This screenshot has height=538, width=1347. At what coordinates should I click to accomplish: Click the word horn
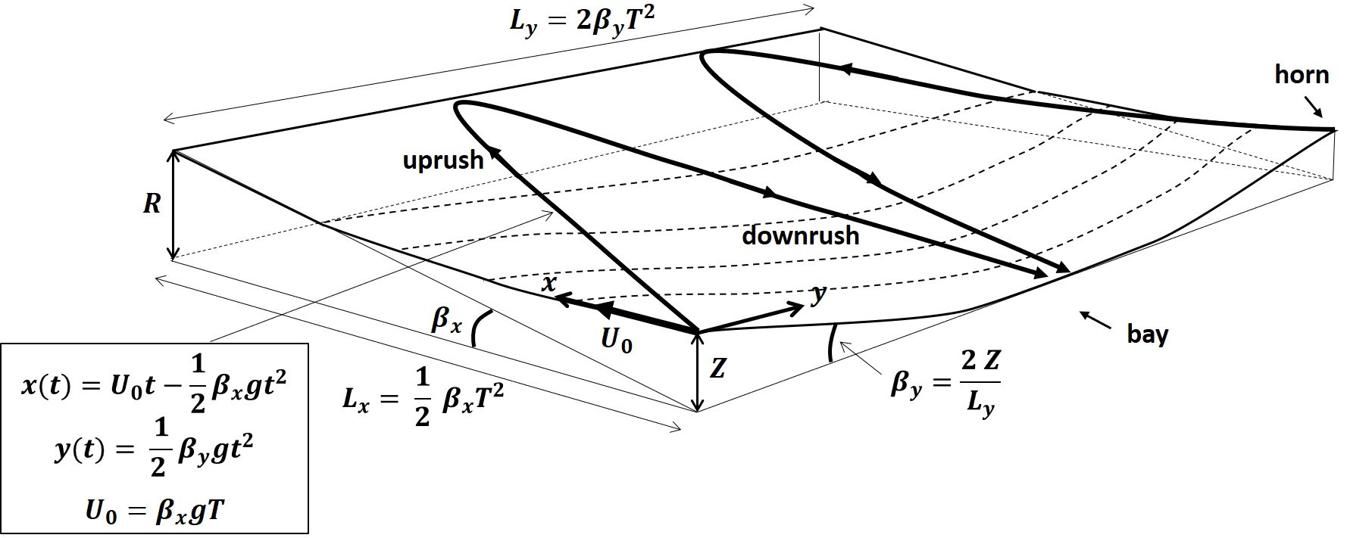tap(1302, 75)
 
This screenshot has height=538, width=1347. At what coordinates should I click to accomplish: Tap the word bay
tap(1148, 334)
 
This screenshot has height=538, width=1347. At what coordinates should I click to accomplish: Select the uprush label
tap(442, 160)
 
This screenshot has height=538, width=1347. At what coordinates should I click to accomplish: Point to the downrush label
tap(800, 235)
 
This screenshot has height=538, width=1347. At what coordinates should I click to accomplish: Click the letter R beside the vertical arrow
tap(152, 204)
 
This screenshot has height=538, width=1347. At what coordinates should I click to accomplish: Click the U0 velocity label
tap(616, 341)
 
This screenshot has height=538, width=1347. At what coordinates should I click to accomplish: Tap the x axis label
tap(549, 283)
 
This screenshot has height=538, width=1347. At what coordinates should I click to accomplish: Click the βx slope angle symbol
tap(445, 321)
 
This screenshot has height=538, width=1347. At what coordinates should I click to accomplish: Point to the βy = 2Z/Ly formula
tap(945, 383)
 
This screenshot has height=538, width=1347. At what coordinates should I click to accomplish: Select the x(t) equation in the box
tap(155, 385)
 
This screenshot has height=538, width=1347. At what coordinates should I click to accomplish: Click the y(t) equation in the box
tap(155, 452)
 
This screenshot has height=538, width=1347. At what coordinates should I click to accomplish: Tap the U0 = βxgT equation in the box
tap(155, 512)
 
